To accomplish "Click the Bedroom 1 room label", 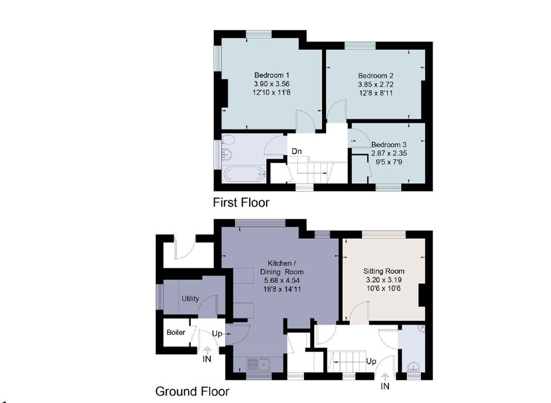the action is pos(271,75).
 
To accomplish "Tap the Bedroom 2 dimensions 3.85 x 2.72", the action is pos(375,84).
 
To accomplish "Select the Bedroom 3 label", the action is pos(389,145).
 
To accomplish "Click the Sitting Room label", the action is pos(383,271).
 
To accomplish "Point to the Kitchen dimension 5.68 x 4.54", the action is pos(282,281).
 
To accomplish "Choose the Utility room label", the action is pos(190,299).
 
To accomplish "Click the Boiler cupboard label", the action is pos(176,332).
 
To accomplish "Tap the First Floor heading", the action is pos(241,202).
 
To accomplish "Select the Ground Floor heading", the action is pos(192,391).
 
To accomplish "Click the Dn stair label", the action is pos(297,151).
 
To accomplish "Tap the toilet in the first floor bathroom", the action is pos(228,140).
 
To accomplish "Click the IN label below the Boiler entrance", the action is pos(207,359).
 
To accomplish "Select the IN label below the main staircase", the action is pos(385,387).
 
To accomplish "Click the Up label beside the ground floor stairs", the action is pos(371,361).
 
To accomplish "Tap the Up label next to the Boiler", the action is pos(217,334).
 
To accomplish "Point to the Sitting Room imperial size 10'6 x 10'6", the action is pos(383,288).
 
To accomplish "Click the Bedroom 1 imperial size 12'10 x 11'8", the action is pos(271,93).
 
